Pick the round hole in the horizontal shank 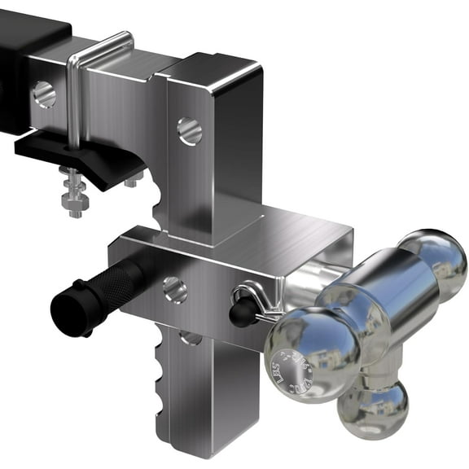click(45, 94)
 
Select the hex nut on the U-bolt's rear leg click(130, 181)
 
